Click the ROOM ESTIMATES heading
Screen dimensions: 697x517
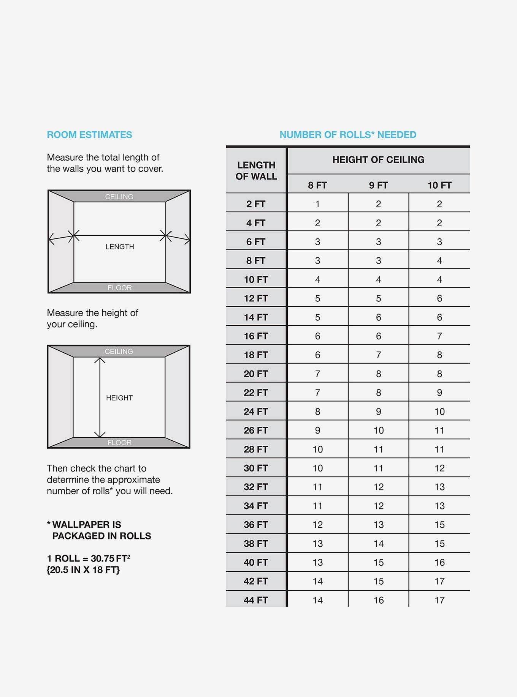click(x=89, y=135)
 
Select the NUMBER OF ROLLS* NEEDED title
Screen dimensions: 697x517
click(x=348, y=135)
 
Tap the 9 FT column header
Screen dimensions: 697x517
click(x=378, y=185)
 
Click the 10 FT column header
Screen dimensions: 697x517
click(x=439, y=185)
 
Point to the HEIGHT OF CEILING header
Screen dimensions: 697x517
click(x=378, y=160)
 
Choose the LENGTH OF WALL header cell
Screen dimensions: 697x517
click(x=256, y=171)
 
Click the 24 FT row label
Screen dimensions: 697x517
click(x=256, y=412)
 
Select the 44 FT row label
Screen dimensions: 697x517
click(x=256, y=600)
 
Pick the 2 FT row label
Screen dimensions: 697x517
click(x=256, y=204)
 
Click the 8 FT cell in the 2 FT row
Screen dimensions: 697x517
click(x=317, y=204)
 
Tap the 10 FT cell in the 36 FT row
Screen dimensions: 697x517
click(x=439, y=525)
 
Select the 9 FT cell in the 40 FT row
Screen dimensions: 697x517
click(x=378, y=563)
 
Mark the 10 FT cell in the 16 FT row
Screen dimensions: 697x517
click(x=439, y=336)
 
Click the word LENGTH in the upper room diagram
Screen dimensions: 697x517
click(x=120, y=247)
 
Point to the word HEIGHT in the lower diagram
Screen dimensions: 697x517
click(x=119, y=398)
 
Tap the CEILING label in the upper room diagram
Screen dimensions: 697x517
click(x=119, y=197)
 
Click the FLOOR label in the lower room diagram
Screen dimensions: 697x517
click(x=119, y=443)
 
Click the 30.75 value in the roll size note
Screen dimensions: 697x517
click(x=103, y=559)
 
